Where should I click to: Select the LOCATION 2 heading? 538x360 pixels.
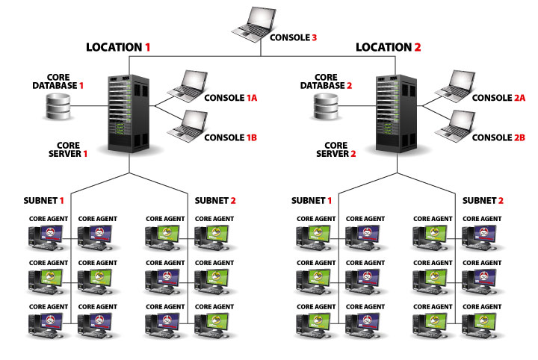(x=389, y=46)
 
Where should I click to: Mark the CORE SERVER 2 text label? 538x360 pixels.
(x=336, y=149)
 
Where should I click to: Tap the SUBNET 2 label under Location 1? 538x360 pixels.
(x=215, y=200)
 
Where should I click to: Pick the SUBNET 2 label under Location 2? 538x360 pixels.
(x=483, y=200)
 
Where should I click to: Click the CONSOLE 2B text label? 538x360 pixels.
(x=500, y=137)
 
